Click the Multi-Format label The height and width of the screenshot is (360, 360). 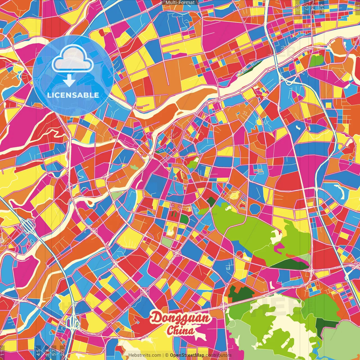point(180,3)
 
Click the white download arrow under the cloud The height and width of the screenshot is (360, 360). point(69,81)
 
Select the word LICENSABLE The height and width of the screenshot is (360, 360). point(73,95)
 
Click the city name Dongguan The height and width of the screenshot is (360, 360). point(181,318)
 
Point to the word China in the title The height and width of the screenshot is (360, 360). point(181,330)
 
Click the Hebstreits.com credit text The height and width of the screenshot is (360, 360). point(145,355)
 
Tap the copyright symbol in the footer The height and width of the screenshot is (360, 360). point(167,355)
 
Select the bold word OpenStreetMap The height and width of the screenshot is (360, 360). point(187,355)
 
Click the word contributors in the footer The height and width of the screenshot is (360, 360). point(218,355)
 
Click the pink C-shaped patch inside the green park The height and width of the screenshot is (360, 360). point(278,247)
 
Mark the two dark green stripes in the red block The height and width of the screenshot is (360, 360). point(174,214)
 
